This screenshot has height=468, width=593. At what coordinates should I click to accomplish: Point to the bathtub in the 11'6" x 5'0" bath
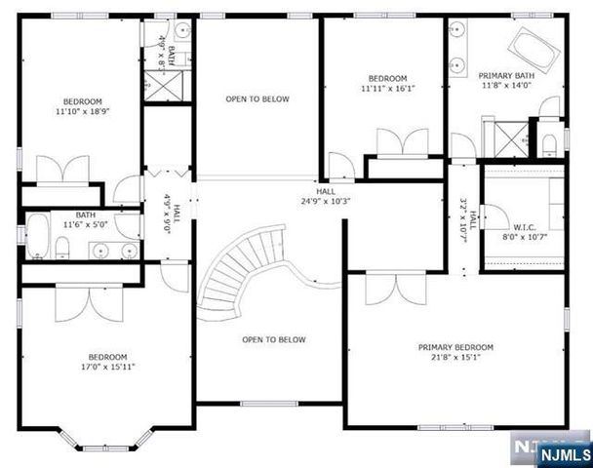click(37, 234)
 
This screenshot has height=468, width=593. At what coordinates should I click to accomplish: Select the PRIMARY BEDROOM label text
click(455, 347)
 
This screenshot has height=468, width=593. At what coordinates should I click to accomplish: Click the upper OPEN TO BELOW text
click(257, 98)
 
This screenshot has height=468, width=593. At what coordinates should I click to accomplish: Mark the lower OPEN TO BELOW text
click(274, 339)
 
